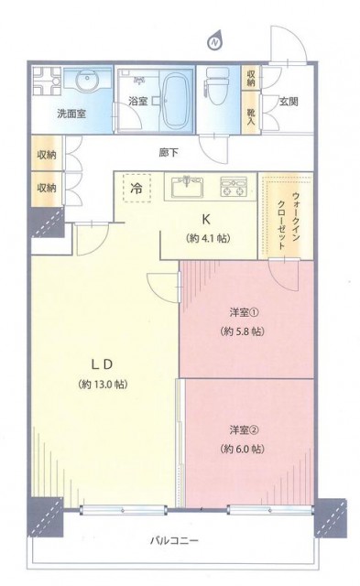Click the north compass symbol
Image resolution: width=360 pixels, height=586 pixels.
pos(215,42)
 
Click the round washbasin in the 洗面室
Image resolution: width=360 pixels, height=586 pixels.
pos(87,80)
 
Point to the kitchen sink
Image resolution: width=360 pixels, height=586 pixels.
pos(187,187)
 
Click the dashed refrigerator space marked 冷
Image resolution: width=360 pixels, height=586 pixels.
pos(136,188)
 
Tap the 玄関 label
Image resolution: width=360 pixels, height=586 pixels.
pos(289,102)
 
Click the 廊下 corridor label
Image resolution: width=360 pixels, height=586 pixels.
pos(169,152)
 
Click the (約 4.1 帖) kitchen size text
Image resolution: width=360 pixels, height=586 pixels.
pos(207,238)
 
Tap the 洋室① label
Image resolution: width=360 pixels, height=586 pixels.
pos(244,312)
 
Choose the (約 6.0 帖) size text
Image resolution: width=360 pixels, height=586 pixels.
pos(242,449)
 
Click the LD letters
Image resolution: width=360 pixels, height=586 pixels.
pos(102,364)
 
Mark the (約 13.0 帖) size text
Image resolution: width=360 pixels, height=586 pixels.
pos(103,385)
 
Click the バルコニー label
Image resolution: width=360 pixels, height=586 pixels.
pos(174,540)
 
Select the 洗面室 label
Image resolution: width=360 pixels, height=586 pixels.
pos(71,114)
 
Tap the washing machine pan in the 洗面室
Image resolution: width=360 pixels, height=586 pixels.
pos(47,81)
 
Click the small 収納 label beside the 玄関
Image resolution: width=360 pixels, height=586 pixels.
pos(251,78)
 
